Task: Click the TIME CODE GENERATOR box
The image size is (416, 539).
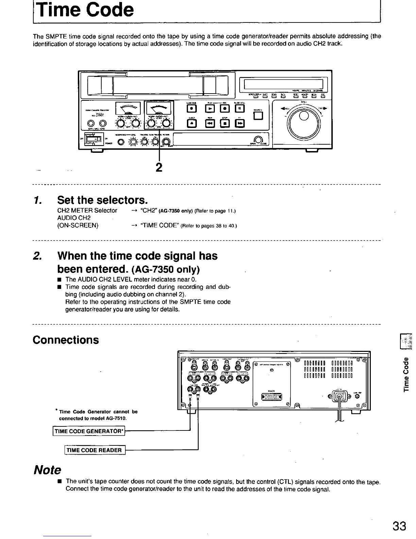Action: [x=88, y=431]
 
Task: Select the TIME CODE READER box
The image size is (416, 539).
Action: [x=94, y=450]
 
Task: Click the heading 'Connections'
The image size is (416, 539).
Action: [x=66, y=340]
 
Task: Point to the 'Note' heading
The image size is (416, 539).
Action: [x=47, y=470]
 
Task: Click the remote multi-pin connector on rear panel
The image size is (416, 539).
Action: [x=272, y=397]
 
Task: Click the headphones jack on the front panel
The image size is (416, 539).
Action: [x=120, y=142]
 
